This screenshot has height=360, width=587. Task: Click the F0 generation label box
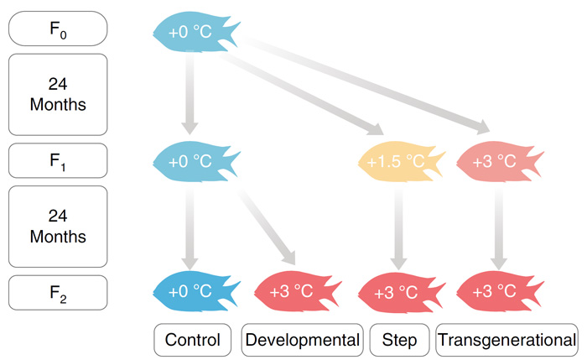(x=58, y=29)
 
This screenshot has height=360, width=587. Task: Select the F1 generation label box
(x=58, y=160)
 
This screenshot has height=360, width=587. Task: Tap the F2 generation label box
(x=58, y=293)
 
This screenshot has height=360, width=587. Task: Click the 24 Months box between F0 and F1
(x=58, y=94)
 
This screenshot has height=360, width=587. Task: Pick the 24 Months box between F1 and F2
(x=58, y=227)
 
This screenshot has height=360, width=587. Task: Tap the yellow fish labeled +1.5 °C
(x=402, y=161)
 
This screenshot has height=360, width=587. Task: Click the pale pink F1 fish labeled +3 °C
(x=500, y=161)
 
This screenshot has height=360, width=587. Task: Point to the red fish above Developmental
(x=298, y=291)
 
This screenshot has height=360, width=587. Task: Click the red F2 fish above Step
(x=402, y=291)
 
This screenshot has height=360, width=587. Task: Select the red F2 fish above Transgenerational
(x=500, y=291)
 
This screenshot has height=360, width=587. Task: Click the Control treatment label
(x=192, y=340)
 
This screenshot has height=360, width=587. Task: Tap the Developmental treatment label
(x=303, y=340)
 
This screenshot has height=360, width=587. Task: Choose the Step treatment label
(x=399, y=340)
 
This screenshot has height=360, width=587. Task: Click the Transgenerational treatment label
(x=506, y=340)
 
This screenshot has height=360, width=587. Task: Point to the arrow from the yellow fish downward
(x=398, y=228)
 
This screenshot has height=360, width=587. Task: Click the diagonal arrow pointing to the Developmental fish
(x=267, y=227)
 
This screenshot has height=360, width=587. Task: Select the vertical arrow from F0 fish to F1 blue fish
(x=190, y=92)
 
